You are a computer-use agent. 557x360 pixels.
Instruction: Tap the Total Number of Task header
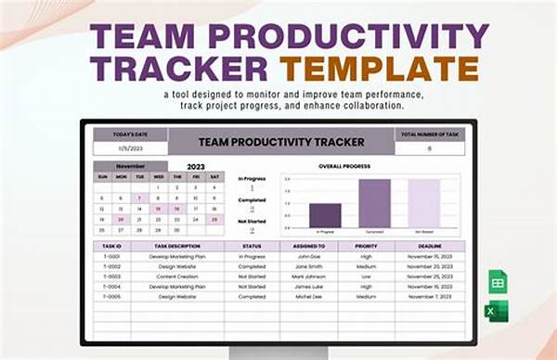pos(428,134)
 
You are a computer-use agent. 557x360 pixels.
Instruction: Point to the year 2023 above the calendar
pos(195,167)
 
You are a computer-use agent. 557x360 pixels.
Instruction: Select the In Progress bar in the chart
pos(324,215)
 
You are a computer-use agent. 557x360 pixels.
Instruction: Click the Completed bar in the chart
pos(374,203)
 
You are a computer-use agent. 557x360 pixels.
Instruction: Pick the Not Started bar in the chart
pos(423,203)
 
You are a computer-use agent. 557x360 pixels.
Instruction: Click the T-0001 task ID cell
pos(111,256)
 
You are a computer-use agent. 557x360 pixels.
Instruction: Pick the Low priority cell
pos(367,276)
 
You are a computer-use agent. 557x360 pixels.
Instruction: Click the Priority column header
pos(367,246)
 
